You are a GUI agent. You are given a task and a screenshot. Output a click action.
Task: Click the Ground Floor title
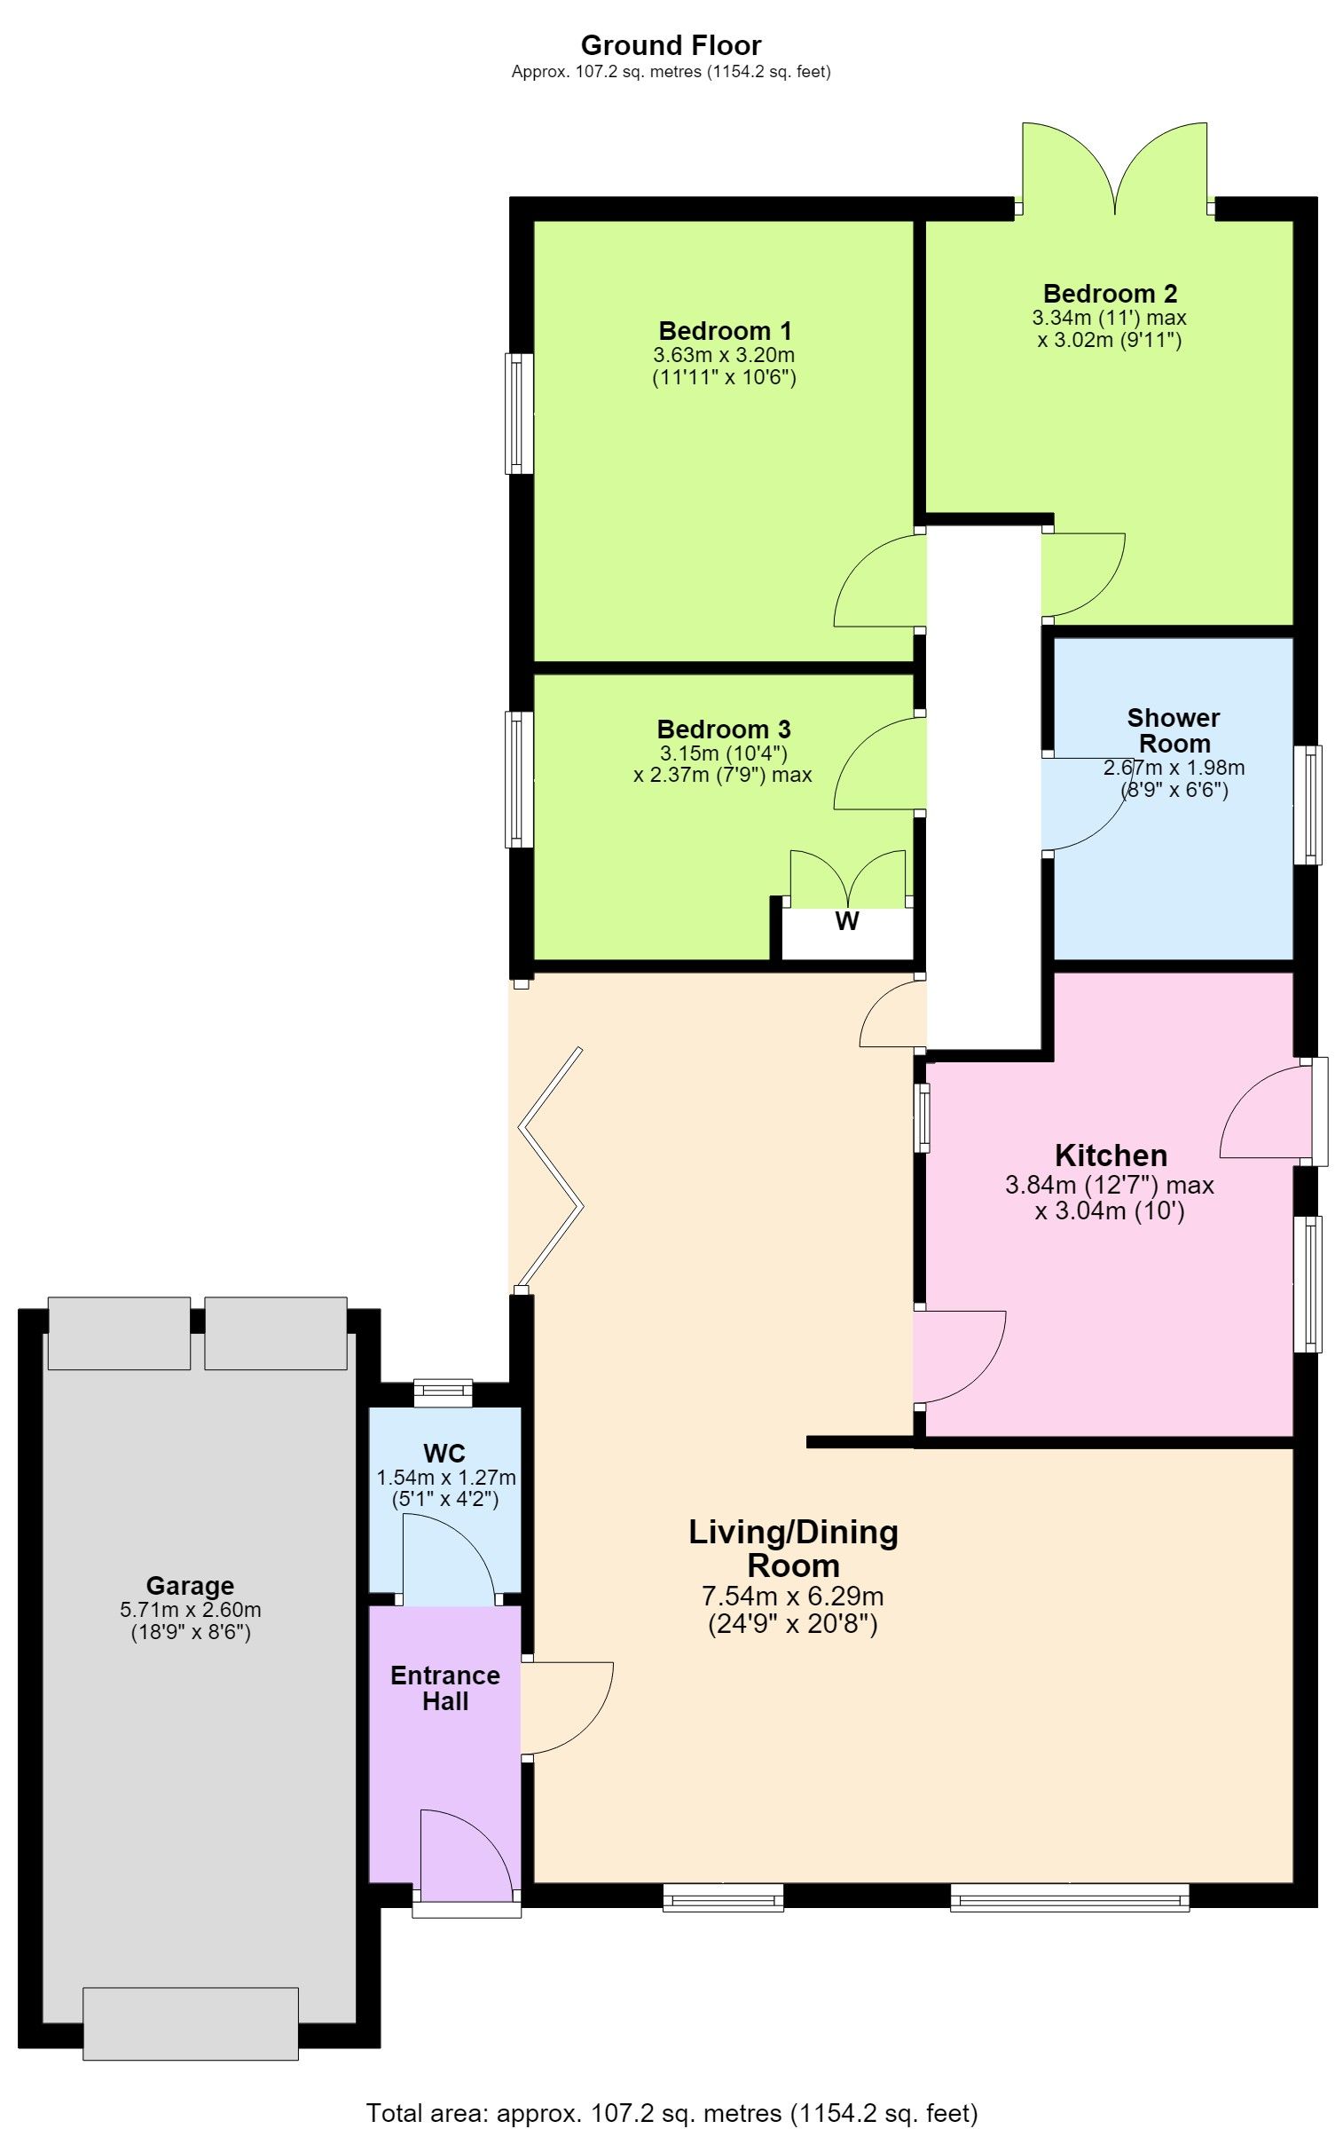(x=671, y=45)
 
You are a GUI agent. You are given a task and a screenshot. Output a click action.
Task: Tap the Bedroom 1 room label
(x=725, y=331)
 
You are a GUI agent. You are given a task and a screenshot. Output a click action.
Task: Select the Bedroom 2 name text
(x=1110, y=294)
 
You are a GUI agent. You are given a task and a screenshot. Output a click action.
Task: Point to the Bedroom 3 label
(x=723, y=729)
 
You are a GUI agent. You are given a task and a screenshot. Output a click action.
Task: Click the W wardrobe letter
(x=847, y=921)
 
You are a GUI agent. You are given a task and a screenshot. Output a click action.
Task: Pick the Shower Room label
(x=1174, y=730)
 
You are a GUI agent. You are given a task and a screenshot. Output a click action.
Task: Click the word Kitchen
(x=1111, y=1155)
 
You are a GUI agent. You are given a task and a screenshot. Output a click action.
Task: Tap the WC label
(x=444, y=1454)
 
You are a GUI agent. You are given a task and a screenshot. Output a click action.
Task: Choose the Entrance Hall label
(x=445, y=1688)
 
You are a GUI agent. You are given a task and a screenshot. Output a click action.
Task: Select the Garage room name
(x=190, y=1586)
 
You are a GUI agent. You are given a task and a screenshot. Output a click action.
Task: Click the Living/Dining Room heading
(x=794, y=1549)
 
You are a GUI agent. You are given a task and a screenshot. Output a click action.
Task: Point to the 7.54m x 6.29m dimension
(x=793, y=1597)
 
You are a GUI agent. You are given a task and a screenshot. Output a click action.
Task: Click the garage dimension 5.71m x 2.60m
(x=191, y=1610)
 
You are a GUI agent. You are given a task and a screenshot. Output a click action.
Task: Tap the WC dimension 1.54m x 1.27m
(x=446, y=1478)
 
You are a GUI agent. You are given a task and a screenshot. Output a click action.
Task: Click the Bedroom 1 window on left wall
(x=519, y=414)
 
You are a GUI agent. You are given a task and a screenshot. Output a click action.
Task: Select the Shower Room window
(x=1307, y=805)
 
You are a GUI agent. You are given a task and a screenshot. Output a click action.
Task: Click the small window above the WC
(x=444, y=1393)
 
